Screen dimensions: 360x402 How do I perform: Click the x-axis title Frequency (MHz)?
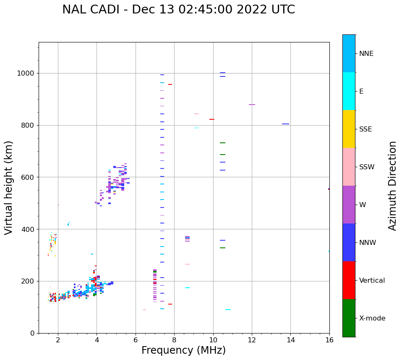[183, 350]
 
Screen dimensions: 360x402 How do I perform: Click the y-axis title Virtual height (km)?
[9, 187]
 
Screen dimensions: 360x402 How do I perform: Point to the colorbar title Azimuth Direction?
[392, 186]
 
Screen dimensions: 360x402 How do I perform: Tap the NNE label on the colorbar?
[366, 54]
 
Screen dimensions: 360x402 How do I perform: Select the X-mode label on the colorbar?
[372, 318]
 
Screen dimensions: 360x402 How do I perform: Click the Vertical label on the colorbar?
[372, 281]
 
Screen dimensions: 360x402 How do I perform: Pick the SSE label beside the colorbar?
[365, 129]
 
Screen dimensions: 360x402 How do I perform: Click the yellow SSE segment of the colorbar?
[349, 129]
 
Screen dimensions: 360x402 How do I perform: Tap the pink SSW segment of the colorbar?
[349, 167]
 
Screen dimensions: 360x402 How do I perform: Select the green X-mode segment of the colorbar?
[349, 318]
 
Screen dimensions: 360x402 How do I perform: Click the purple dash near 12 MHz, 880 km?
[252, 105]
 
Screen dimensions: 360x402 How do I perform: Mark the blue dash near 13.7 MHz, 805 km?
[285, 124]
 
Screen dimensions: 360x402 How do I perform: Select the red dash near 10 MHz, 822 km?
[212, 119]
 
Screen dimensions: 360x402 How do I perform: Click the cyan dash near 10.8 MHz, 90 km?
[228, 310]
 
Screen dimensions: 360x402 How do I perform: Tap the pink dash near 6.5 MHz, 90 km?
[144, 310]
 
